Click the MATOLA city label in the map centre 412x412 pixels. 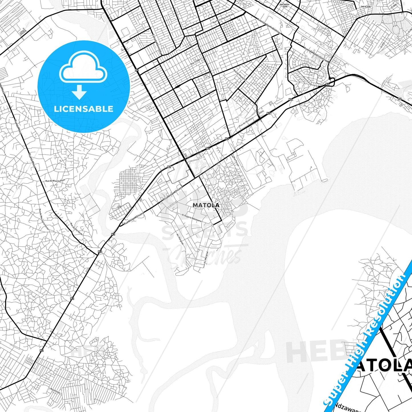pos(206,205)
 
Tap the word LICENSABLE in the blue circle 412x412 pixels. pos(84,109)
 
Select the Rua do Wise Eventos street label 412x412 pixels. pos(55,181)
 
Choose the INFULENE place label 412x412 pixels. pos(366,7)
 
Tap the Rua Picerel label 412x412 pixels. pos(236,161)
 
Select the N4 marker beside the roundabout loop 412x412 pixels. pos(327,84)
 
